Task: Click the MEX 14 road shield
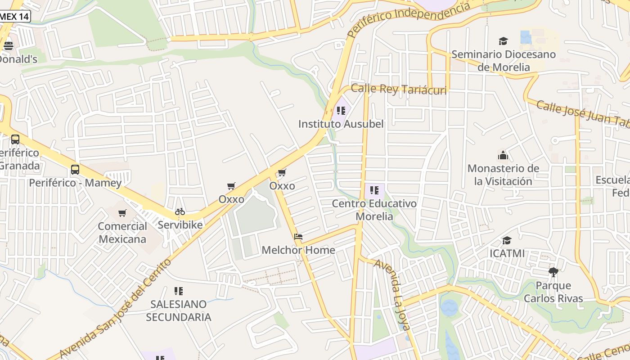(x=14, y=16)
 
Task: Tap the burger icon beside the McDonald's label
(x=8, y=45)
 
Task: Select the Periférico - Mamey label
(x=75, y=183)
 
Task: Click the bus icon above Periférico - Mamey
(x=75, y=170)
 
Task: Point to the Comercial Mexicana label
(x=122, y=233)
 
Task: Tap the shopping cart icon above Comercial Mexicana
(x=122, y=213)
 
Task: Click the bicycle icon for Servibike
(x=180, y=211)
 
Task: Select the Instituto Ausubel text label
(x=341, y=124)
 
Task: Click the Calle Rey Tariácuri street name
(x=399, y=90)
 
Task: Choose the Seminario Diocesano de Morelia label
(x=504, y=61)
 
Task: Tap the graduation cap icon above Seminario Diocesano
(x=503, y=41)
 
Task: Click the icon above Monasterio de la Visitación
(x=503, y=156)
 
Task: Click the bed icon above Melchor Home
(x=298, y=237)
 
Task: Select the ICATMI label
(x=507, y=253)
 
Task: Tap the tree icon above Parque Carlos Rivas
(x=553, y=272)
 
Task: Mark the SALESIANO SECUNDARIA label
(x=179, y=311)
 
